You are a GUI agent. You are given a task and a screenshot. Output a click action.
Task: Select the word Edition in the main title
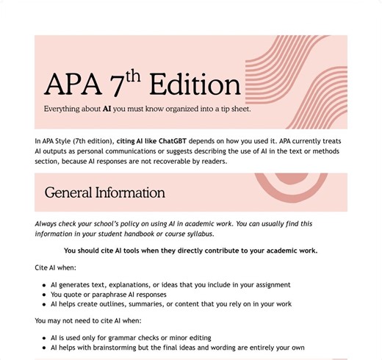(194, 84)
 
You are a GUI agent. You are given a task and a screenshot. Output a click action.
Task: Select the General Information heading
(104, 193)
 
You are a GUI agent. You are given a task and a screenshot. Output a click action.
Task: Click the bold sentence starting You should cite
(190, 251)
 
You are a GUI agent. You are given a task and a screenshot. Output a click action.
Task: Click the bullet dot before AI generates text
(43, 284)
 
